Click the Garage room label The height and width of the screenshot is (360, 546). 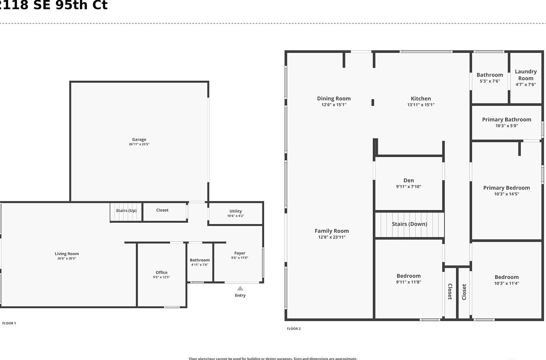pos(139,140)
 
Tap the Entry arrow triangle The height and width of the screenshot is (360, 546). pos(240,288)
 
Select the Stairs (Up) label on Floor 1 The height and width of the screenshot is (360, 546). pos(126,210)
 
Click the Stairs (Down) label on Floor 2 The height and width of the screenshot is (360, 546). pos(409,224)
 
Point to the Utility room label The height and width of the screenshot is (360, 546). pos(235,211)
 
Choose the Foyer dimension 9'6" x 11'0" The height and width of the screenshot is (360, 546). pos(240,258)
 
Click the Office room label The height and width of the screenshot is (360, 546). pos(161,273)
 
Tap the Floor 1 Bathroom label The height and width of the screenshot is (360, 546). pos(200,260)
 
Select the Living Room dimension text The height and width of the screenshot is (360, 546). pos(67,258)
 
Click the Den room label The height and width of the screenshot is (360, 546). pos(408,181)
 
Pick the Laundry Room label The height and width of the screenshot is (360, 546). pos(526,75)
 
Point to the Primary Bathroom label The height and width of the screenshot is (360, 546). pos(507,120)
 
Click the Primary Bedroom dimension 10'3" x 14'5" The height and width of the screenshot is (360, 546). pos(507,194)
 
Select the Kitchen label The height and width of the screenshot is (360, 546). pos(421,99)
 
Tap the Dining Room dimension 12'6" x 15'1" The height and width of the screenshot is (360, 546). pos(334,105)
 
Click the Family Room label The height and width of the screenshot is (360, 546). pos(332,231)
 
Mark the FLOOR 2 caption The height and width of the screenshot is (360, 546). pos(294,329)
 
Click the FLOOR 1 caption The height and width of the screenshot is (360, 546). pos(9,323)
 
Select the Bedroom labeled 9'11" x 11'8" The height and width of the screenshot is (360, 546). pos(408,276)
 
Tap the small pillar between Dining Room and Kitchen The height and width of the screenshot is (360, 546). pos(373,102)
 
